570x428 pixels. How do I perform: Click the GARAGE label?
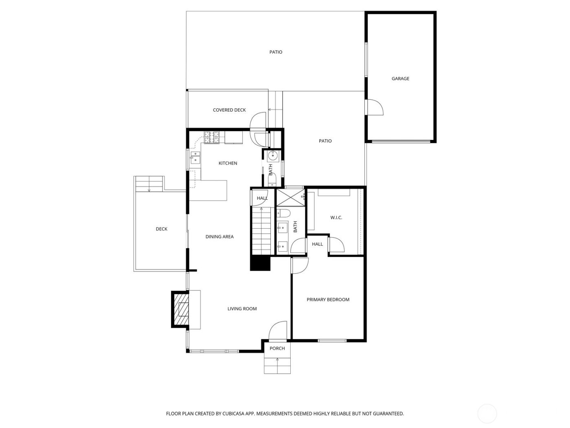(400, 79)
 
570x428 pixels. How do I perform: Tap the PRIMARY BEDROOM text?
(328, 300)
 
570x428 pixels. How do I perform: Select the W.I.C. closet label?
(336, 218)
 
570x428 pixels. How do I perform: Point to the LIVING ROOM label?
(242, 309)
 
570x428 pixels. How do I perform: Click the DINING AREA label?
(219, 237)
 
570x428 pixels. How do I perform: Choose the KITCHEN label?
(228, 163)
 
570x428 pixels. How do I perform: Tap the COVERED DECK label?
(229, 110)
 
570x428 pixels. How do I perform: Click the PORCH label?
(277, 349)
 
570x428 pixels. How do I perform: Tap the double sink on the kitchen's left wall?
(196, 157)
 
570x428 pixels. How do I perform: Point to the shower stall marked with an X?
(290, 198)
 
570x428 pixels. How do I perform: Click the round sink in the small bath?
(272, 155)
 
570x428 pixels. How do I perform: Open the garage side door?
(374, 108)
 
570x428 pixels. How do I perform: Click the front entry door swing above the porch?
(278, 330)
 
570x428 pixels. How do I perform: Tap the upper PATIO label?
(276, 52)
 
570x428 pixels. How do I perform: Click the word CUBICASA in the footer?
(233, 414)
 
